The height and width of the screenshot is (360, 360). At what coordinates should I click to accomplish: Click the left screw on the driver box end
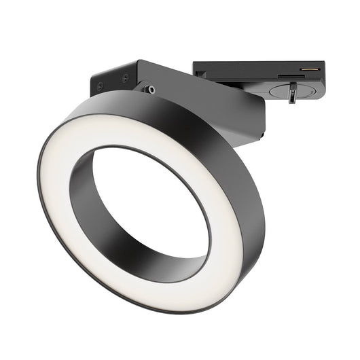[101, 85]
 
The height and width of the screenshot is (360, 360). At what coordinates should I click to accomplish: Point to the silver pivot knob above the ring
[148, 89]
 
